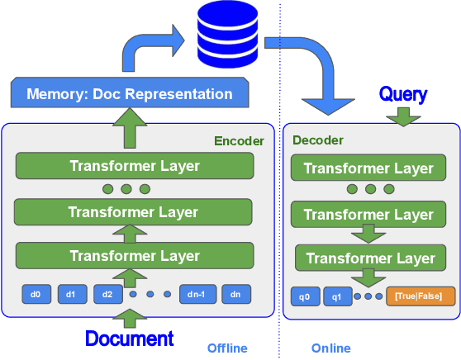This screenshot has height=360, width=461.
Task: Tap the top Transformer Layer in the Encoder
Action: pos(135,166)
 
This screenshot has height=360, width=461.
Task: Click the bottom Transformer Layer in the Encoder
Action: pos(135,256)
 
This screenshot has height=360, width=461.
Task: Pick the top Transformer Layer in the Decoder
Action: pos(368,168)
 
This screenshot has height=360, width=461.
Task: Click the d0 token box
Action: pos(36,293)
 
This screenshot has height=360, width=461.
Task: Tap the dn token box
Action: pos(235,293)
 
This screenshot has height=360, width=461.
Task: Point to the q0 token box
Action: pos(304,296)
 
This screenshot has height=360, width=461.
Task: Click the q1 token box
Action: pos(337,296)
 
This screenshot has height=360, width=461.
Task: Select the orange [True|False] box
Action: pos(419,296)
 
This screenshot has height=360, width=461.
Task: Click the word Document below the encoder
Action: pos(130,339)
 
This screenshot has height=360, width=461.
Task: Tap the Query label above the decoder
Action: pos(402,94)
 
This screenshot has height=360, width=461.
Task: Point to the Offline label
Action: pos(226,348)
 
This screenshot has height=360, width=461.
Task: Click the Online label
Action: pos(330,348)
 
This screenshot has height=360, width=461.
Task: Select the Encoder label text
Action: pos(239,141)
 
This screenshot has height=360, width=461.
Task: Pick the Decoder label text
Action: pos(318,140)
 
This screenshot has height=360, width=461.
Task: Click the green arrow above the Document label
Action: pos(130,318)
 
